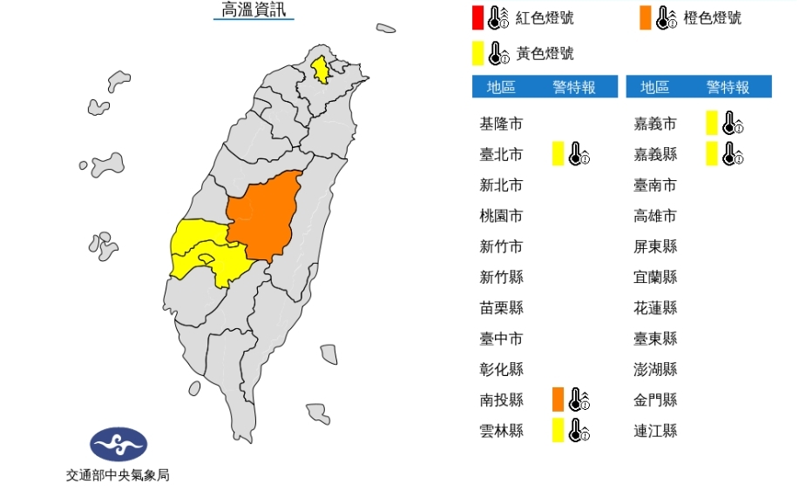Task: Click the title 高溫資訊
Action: click(x=254, y=10)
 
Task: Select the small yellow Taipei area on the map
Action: click(x=321, y=68)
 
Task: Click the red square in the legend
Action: click(x=477, y=17)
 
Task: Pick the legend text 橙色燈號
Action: click(x=713, y=17)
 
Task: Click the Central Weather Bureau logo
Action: click(x=118, y=444)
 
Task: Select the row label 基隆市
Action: click(x=501, y=124)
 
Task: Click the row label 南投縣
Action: click(x=501, y=400)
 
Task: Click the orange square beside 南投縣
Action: click(x=558, y=400)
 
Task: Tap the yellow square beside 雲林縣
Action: click(x=558, y=430)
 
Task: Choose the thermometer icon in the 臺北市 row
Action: click(x=579, y=155)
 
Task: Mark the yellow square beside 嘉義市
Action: click(x=712, y=124)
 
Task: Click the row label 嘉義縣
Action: click(x=655, y=155)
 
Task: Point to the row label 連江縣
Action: click(x=655, y=430)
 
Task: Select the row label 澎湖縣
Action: click(x=655, y=369)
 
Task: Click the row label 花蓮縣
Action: click(x=655, y=308)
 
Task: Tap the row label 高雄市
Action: click(x=655, y=216)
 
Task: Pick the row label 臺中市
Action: click(x=501, y=339)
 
